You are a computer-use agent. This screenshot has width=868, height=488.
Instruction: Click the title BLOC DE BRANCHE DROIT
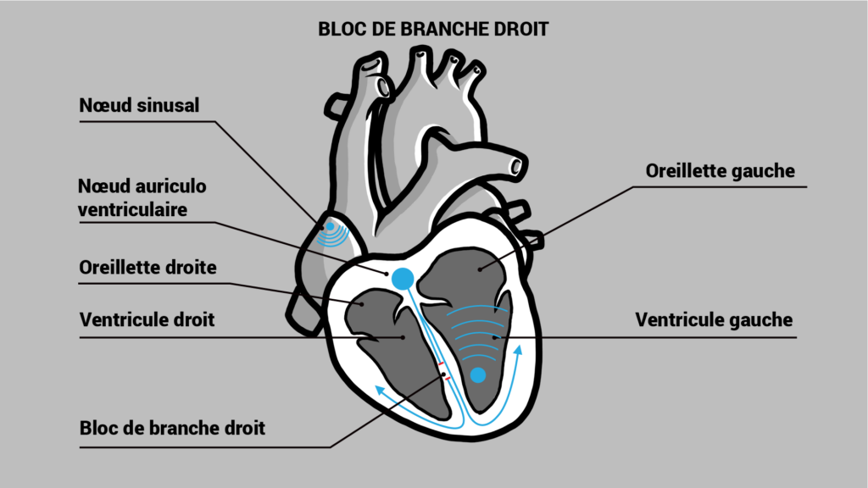coord(433,29)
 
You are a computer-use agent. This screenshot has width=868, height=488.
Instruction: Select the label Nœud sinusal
coord(139,106)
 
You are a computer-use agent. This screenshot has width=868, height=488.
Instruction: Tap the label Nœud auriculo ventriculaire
coord(142,197)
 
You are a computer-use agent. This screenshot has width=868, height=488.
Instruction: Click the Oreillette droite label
coord(147,268)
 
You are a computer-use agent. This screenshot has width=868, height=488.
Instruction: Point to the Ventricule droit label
coord(147,320)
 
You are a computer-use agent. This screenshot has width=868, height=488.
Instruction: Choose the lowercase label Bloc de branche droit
coord(172,428)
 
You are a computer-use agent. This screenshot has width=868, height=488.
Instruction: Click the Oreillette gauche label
coord(720,171)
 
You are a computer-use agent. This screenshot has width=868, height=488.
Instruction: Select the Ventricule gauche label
coord(714,320)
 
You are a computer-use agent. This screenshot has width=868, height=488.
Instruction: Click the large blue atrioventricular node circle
coord(402,276)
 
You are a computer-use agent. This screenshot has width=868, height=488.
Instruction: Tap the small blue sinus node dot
coord(329,226)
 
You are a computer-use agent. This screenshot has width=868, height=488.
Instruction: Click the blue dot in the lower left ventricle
coord(478,375)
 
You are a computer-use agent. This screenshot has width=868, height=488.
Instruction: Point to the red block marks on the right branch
coord(443,371)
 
